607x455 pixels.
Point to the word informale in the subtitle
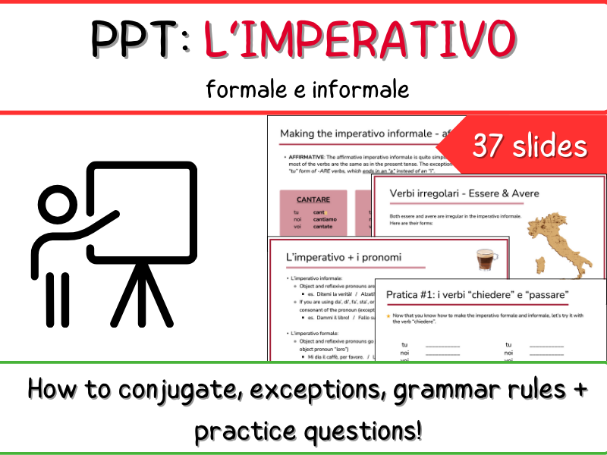click(361, 89)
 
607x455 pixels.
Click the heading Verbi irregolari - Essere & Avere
click(464, 193)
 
